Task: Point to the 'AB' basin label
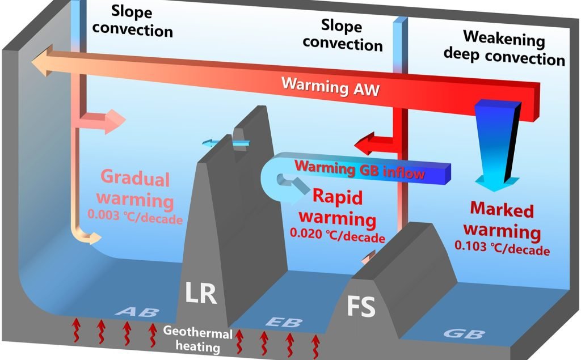click(x=138, y=312)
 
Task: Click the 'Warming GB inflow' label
click(x=360, y=169)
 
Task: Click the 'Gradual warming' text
click(x=135, y=190)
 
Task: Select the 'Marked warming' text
click(x=502, y=221)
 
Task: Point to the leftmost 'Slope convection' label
click(x=132, y=20)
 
